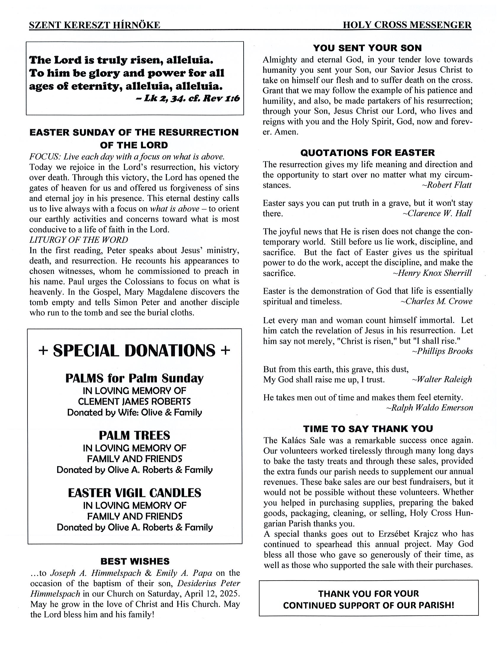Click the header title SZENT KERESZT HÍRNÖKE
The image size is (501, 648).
tap(94, 25)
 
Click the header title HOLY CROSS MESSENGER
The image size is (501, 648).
tap(407, 25)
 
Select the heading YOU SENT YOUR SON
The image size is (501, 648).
tap(367, 48)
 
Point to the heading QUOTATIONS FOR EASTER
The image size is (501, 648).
tap(367, 153)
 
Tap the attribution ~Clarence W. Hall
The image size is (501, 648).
tap(437, 213)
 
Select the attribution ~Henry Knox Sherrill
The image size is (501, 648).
tap(432, 273)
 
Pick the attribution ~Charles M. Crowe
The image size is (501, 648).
tap(436, 302)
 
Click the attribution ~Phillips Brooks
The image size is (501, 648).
tap(442, 351)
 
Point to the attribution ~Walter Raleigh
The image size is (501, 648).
tap(442, 380)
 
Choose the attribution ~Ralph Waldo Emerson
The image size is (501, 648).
tap(429, 408)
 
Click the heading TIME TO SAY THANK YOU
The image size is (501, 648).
tap(368, 428)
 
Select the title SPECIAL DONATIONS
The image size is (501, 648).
tap(134, 350)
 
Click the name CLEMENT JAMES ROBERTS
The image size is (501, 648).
tap(134, 401)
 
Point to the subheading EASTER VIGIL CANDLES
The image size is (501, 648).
tap(135, 493)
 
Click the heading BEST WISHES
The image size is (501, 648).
tap(135, 561)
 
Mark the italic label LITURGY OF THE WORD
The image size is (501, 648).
tap(79, 240)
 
